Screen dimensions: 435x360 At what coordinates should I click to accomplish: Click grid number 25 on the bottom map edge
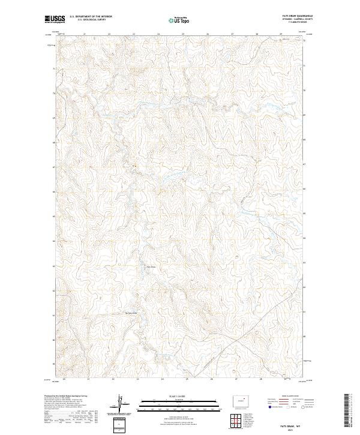[x=187, y=380]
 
